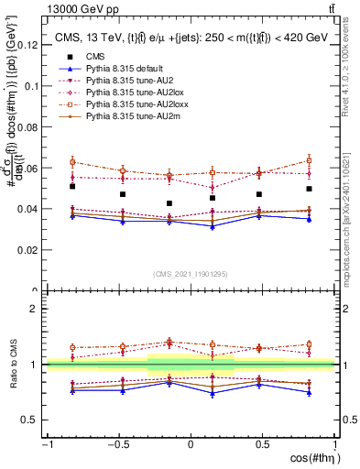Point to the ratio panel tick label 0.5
(x=31, y=420)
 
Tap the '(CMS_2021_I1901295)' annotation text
(x=191, y=275)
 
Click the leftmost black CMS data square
(x=71, y=186)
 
